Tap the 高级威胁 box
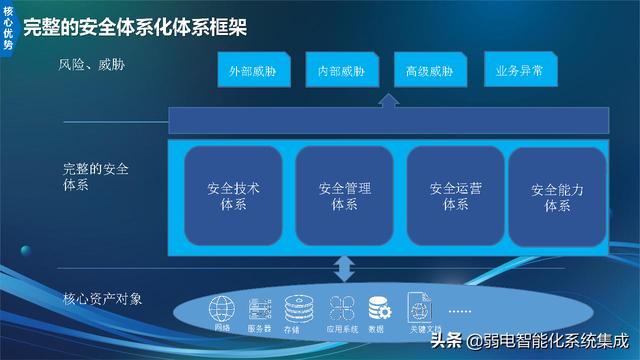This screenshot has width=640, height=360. tap(430, 72)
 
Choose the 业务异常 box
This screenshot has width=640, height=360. tap(520, 71)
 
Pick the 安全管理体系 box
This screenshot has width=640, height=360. tap(344, 196)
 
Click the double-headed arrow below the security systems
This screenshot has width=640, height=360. tap(344, 268)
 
